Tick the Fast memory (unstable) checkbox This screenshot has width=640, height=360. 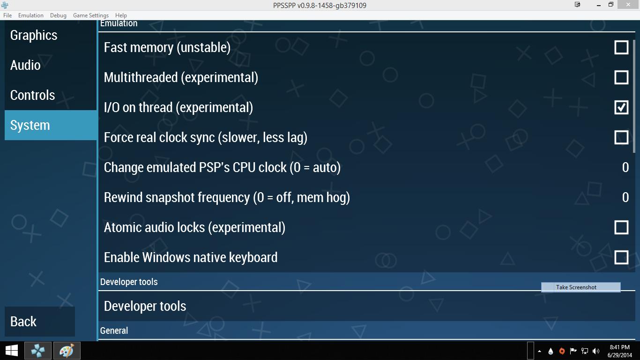621,47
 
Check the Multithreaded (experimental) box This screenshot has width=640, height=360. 621,77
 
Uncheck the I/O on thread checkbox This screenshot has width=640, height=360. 621,107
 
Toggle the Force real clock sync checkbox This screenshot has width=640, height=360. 621,137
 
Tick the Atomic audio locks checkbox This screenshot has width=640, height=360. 621,228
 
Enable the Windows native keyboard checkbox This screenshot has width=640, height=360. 621,257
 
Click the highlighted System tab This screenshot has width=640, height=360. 51,125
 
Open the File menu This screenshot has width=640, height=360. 7,15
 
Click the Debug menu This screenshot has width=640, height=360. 58,15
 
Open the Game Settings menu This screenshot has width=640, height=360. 91,15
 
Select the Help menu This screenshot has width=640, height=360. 121,15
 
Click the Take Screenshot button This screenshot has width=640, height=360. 581,287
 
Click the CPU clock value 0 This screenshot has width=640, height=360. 625,167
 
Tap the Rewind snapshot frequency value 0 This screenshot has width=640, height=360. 625,198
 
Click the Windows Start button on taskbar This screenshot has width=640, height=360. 11,351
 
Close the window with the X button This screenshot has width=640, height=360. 628,5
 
